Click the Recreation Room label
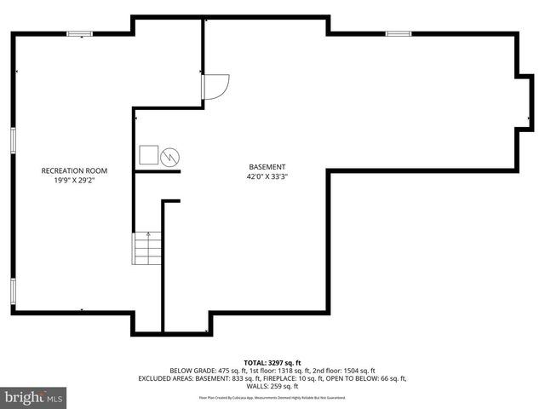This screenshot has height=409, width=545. [x=74, y=171]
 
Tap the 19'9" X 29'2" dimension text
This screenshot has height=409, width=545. [x=74, y=181]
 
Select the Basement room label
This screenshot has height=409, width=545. [x=267, y=167]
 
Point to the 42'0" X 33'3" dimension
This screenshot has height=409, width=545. [x=267, y=177]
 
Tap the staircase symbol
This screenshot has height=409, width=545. [x=147, y=248]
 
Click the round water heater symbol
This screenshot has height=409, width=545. [x=171, y=156]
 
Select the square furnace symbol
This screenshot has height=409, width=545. [x=149, y=155]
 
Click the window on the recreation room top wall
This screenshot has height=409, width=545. [x=80, y=34]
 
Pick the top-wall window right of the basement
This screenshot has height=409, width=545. [x=398, y=34]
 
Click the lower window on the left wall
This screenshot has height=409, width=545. [x=13, y=291]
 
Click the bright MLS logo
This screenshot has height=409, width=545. [x=34, y=397]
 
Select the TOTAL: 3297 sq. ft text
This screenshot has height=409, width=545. [x=272, y=362]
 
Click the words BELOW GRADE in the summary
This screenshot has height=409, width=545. [x=192, y=371]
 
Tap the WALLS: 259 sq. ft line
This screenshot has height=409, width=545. [x=272, y=387]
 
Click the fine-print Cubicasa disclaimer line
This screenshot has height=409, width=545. [x=272, y=397]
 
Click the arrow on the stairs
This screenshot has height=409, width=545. [x=148, y=234]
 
